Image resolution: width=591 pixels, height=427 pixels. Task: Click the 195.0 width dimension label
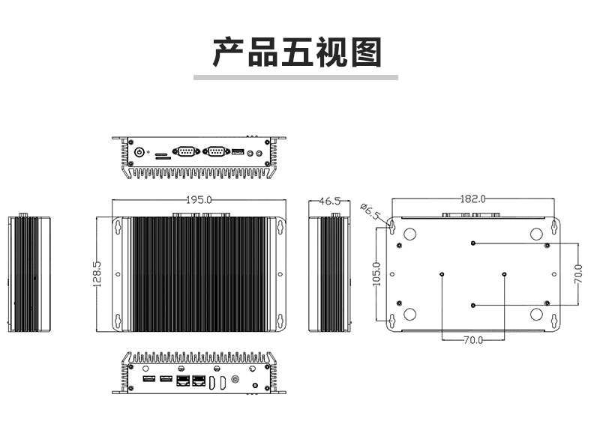click(x=199, y=199)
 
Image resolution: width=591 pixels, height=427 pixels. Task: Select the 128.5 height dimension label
click(x=97, y=274)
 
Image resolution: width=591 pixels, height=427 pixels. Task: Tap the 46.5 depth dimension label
click(x=330, y=201)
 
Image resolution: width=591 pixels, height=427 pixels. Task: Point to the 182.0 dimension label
click(x=473, y=199)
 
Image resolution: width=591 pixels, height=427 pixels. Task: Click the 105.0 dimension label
click(x=376, y=273)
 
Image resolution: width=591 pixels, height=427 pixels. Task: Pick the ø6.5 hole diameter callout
click(x=371, y=211)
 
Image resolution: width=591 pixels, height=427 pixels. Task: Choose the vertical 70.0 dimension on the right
click(x=578, y=273)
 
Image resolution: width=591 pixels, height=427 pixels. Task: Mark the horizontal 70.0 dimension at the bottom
click(x=473, y=340)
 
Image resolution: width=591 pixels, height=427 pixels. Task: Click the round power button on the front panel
click(x=139, y=153)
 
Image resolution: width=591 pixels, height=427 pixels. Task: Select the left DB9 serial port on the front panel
click(x=186, y=151)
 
